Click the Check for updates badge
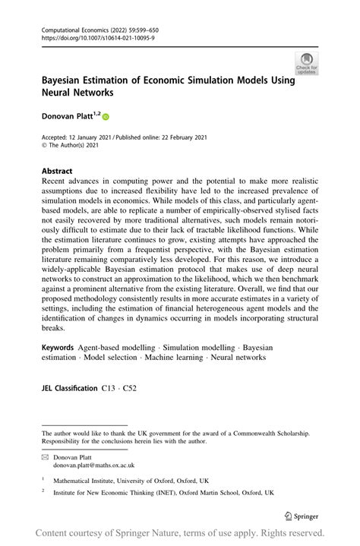click(x=308, y=63)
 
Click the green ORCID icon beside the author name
click(x=105, y=118)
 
